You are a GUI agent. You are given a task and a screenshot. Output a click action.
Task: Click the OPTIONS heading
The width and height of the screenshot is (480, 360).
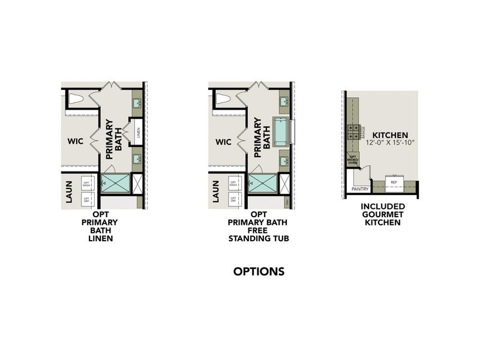[x=259, y=272]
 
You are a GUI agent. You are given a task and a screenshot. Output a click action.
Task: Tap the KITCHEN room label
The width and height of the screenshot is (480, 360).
[x=390, y=135]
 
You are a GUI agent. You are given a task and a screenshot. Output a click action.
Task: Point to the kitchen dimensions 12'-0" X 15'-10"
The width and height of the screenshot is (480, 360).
[x=390, y=143]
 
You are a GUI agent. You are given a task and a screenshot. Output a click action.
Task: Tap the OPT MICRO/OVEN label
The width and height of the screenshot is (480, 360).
[x=353, y=159]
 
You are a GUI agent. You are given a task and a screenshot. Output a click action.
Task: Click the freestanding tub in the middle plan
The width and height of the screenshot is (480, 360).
[x=281, y=130]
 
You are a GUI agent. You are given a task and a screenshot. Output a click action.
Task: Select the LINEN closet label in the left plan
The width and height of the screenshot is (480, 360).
[x=138, y=130]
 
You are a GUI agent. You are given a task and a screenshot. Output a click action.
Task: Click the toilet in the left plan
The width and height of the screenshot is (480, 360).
[x=76, y=99]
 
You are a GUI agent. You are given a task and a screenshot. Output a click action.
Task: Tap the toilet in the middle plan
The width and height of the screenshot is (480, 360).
[x=223, y=99]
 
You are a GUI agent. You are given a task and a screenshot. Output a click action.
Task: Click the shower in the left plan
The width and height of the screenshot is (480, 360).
[x=115, y=183]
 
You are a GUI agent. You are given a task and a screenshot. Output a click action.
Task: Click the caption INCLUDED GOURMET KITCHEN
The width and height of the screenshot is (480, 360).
[x=383, y=214]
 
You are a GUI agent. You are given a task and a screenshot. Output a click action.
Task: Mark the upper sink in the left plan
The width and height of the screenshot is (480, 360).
[x=136, y=104]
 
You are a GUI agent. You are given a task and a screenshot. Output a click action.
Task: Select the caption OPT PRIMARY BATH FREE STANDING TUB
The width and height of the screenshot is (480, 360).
[x=259, y=226]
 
